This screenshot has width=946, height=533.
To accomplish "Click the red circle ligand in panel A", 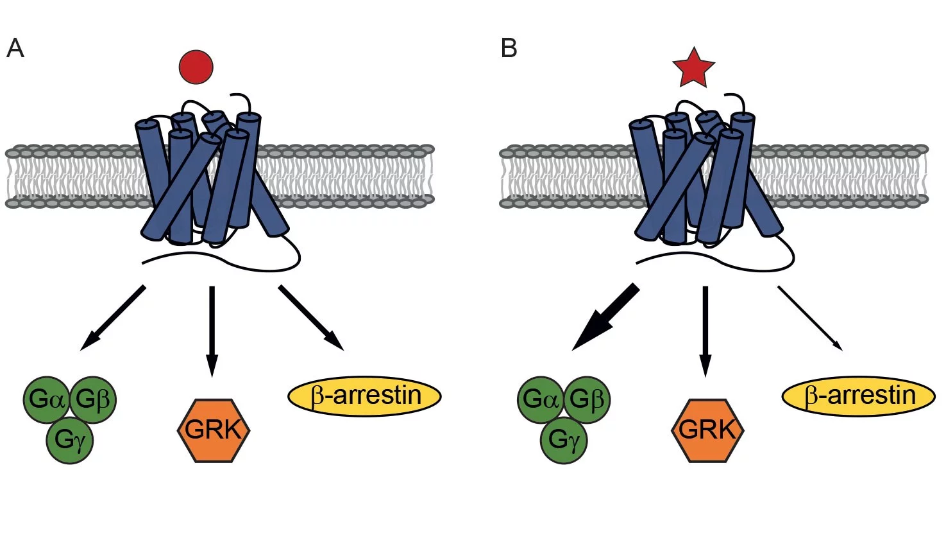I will click(196, 66).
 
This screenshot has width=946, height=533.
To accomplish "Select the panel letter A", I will click(15, 48).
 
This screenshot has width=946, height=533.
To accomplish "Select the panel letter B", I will click(509, 48).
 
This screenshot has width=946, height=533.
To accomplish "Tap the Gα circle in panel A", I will click(46, 399).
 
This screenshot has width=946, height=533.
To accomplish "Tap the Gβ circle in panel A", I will click(92, 399).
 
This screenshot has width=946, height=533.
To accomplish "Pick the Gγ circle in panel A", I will click(69, 440).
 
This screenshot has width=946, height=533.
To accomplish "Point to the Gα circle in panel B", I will click(540, 399).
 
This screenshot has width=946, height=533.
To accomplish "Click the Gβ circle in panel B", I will click(586, 399).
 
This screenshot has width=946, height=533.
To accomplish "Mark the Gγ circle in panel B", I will click(563, 440).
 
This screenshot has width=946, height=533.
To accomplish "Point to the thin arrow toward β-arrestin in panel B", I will click(809, 318).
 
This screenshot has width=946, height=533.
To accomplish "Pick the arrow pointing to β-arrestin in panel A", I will click(311, 317).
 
